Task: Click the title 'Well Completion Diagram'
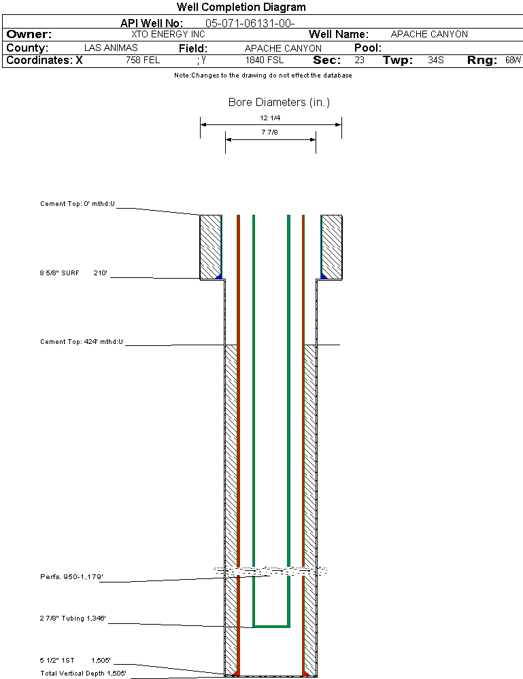[x=241, y=7]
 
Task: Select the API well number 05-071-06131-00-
[x=250, y=23]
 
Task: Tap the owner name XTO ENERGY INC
[x=168, y=34]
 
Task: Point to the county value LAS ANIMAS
[x=111, y=48]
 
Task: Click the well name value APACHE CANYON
[x=429, y=34]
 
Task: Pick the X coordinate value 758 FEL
[x=143, y=60]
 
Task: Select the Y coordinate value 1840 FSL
[x=265, y=60]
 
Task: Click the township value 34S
[x=436, y=60]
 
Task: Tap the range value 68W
[x=513, y=60]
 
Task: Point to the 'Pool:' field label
[x=368, y=48]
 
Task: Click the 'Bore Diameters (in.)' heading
[x=279, y=102]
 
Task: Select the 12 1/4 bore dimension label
[x=270, y=118]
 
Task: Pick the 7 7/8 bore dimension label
[x=269, y=132]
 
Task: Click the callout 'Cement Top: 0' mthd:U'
[x=78, y=204]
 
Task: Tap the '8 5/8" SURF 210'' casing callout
[x=73, y=273]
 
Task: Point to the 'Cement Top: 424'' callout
[x=82, y=342]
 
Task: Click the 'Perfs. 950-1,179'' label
[x=71, y=577]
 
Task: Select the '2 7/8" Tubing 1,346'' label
[x=73, y=619]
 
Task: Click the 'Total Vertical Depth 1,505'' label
[x=83, y=674]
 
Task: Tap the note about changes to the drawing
[x=263, y=75]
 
